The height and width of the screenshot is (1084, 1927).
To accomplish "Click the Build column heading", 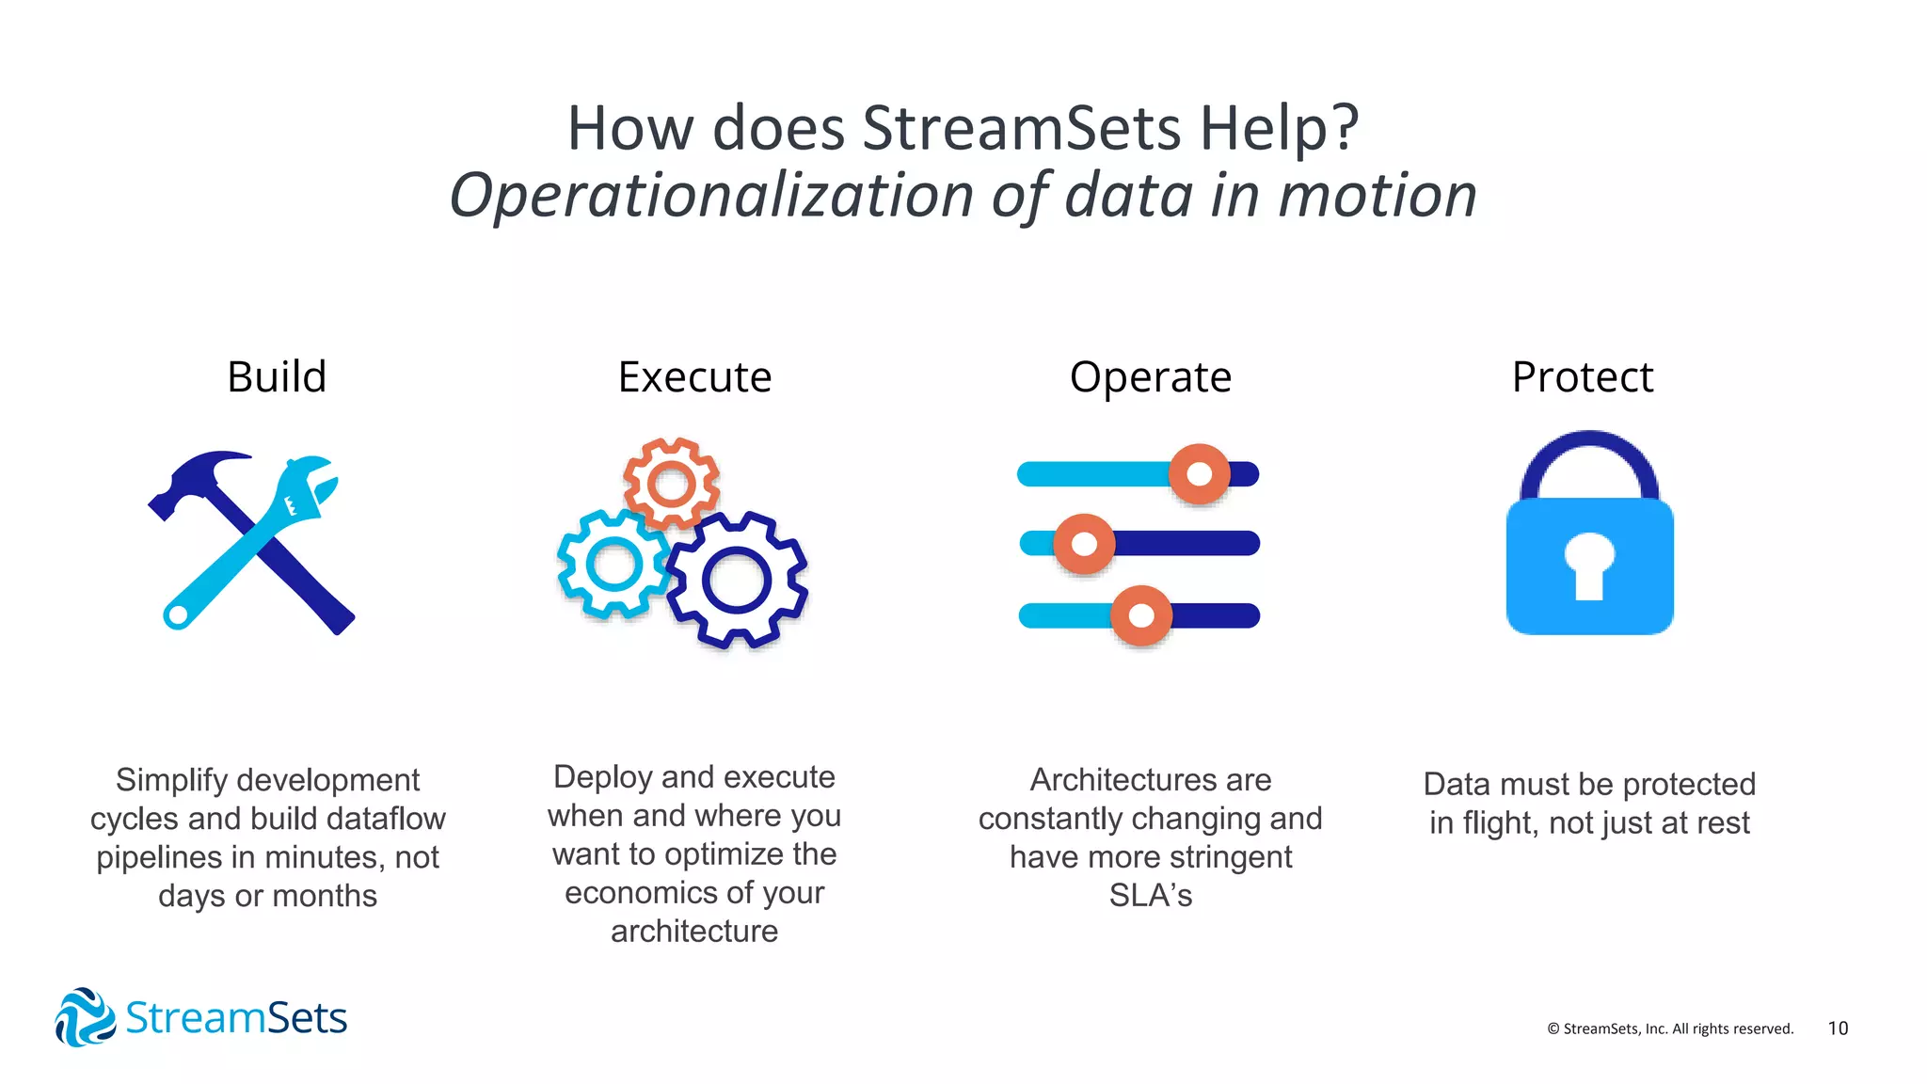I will [x=277, y=377].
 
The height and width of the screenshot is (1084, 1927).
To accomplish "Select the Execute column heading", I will [x=694, y=377].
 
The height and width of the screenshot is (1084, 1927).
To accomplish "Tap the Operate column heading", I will [x=1150, y=377].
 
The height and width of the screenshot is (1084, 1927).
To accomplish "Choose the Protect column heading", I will [x=1583, y=377].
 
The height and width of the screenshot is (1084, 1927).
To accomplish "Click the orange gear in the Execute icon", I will [x=672, y=485].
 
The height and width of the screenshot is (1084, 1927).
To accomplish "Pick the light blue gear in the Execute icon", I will [x=613, y=565].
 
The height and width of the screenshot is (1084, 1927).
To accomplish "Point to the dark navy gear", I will [x=737, y=581].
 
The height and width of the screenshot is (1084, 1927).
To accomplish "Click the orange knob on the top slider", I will [x=1199, y=473].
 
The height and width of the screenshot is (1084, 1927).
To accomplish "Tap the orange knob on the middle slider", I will [x=1084, y=544].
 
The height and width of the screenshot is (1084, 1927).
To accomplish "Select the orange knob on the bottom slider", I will [x=1140, y=615].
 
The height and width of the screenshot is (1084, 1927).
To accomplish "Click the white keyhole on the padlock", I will [x=1589, y=565].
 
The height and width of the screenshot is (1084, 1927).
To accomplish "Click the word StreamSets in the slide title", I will [x=1021, y=128].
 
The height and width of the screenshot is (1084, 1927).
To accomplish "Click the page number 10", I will [x=1838, y=1028].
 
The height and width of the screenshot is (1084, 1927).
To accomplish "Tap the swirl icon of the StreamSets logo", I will [x=85, y=1017].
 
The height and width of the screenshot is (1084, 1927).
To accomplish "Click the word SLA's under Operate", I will [x=1150, y=895].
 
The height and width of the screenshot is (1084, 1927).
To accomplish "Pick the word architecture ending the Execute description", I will [x=694, y=932].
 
